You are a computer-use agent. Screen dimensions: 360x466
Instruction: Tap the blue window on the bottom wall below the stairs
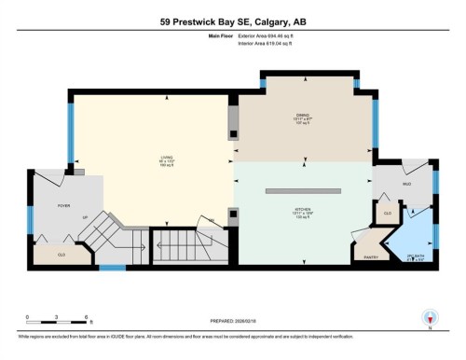pyautogui.click(x=113, y=269)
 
